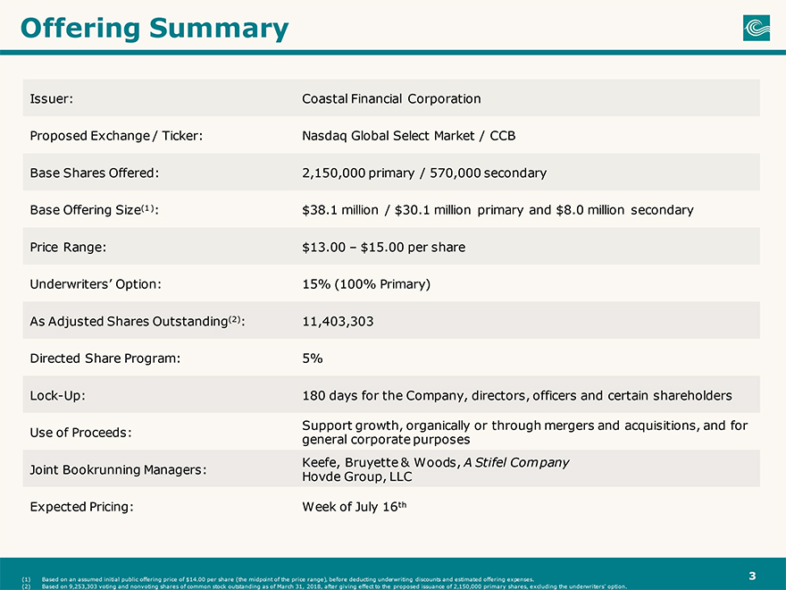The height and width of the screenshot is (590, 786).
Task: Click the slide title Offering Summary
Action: point(155,28)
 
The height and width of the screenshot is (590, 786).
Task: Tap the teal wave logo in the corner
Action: point(756,28)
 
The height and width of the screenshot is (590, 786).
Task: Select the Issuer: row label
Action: point(51,98)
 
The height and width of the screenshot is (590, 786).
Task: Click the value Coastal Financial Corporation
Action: point(391,98)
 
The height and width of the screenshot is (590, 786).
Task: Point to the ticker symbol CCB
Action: point(502,136)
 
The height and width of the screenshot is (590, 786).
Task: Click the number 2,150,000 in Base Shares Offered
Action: point(333,173)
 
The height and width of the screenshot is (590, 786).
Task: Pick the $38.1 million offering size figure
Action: point(340,210)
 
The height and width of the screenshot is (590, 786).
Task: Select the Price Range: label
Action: point(68,248)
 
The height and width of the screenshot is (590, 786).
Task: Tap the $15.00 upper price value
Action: point(382,247)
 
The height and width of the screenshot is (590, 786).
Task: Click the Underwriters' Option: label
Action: point(96,284)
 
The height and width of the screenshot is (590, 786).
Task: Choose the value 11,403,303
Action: point(338,321)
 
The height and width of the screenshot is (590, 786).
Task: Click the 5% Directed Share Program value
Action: point(312,358)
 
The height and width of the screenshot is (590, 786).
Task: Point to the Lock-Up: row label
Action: point(57,395)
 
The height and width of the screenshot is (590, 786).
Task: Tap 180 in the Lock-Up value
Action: point(314,395)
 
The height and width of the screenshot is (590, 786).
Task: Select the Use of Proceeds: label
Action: point(80,433)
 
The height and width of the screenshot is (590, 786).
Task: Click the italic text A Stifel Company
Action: point(516,462)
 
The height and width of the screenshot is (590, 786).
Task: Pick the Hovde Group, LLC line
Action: point(356,476)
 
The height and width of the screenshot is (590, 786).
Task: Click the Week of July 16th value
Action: point(354,506)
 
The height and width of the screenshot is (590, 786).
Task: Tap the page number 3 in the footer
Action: point(752,576)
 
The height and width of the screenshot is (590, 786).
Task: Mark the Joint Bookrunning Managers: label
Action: point(118,469)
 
